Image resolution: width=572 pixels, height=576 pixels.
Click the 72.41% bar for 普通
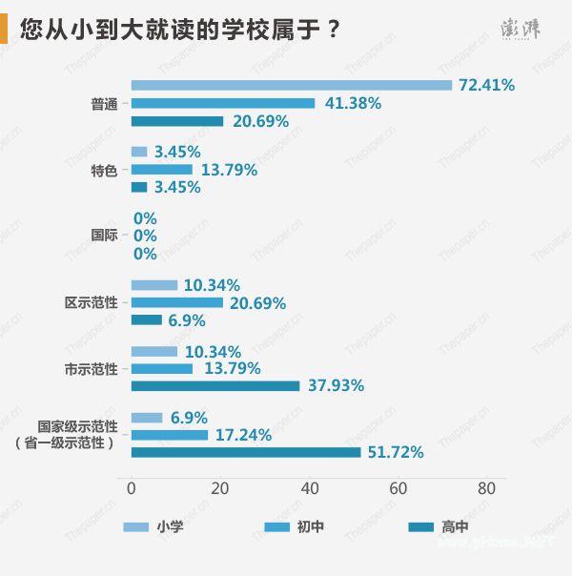(x=291, y=85)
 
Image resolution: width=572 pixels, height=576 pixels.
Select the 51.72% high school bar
(x=246, y=452)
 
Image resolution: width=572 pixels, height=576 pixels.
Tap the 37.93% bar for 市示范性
(x=215, y=385)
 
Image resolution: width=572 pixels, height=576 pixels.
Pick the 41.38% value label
(x=352, y=103)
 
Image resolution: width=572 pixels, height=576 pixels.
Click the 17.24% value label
(x=243, y=435)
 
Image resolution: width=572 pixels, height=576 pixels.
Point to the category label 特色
(x=104, y=170)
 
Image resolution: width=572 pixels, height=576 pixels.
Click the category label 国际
(x=104, y=236)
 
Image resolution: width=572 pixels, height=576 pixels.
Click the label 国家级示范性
(x=77, y=426)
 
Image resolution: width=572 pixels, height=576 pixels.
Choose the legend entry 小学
(x=170, y=526)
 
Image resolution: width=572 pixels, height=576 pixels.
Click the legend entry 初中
(x=311, y=526)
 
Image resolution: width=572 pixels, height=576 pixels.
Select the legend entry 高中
(x=455, y=526)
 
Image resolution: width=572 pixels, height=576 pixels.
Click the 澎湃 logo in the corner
(x=521, y=30)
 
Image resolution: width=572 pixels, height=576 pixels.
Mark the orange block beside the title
(x=5, y=30)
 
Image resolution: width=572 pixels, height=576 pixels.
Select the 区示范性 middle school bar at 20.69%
(x=176, y=302)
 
